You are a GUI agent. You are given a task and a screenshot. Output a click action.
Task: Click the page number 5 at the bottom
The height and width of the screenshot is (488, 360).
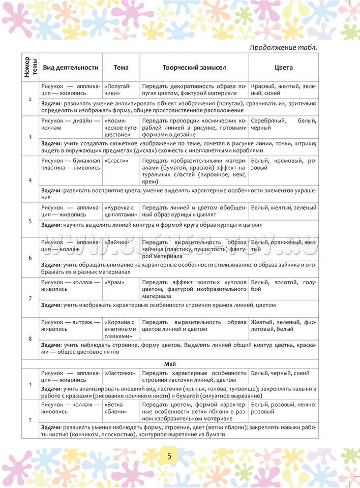tap(169, 456)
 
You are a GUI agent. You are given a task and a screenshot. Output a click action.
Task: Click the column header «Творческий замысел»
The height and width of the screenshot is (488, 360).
tap(194, 68)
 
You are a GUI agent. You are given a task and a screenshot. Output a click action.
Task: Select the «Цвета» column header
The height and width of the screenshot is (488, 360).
tap(283, 68)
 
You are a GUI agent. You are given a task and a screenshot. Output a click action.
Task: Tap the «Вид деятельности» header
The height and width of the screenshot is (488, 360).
tap(70, 68)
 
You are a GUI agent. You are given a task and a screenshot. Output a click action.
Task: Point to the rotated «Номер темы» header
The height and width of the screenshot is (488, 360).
tap(30, 67)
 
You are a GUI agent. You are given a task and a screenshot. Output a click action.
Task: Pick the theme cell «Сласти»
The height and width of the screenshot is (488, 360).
tap(114, 160)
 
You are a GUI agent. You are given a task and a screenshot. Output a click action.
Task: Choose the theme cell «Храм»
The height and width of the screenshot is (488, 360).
tap(113, 282)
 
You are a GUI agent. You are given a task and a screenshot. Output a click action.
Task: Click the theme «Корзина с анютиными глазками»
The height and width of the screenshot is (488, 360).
tap(120, 329)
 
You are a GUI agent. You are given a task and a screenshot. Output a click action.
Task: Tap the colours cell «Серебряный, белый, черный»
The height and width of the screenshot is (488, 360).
tap(283, 124)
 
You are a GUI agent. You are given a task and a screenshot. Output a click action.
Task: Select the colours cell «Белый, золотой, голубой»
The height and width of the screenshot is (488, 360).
tap(283, 285)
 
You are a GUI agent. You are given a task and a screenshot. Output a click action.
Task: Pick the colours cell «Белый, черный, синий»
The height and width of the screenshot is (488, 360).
tap(280, 373)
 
